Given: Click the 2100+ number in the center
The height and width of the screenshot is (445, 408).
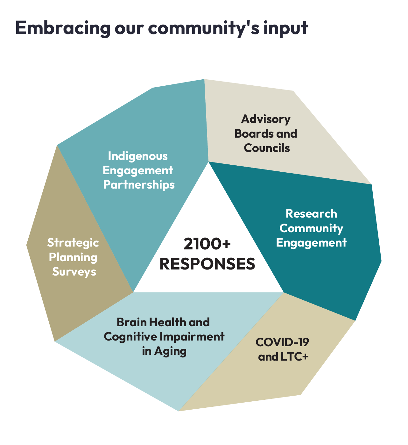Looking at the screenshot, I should point(207,244).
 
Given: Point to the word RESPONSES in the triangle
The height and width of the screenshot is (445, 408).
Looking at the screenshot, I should point(207,264).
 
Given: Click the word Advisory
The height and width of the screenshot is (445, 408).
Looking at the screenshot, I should point(266,119).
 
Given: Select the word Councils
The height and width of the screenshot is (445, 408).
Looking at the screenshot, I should point(267,148).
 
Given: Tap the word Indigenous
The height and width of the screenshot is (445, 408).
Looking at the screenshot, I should point(138,156).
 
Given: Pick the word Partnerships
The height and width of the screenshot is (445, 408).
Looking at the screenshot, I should point(139,185).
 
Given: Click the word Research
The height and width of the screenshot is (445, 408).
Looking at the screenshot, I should point(311,213).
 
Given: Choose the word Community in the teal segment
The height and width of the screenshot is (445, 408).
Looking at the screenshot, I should point(311,228).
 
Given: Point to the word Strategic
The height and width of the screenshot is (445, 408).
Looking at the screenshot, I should point(73,243).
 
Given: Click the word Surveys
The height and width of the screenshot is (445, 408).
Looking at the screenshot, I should point(74,272).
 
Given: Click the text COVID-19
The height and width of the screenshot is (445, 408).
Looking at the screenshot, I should point(282,342).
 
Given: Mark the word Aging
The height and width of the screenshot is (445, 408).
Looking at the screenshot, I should point(170,351).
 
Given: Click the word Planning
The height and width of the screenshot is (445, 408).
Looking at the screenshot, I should point(73,257).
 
